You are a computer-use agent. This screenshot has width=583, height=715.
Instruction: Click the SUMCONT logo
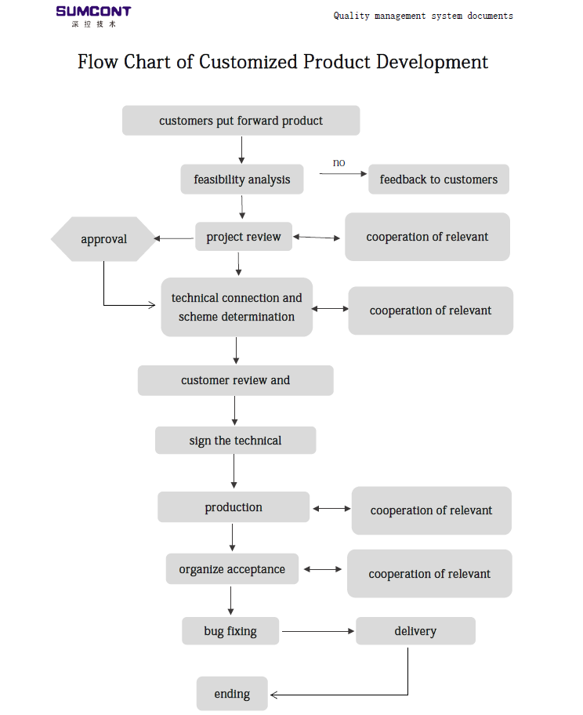pos(93,16)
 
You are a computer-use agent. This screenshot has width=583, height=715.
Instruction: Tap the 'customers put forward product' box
pos(241,121)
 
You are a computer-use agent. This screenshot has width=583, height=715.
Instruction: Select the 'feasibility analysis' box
pos(242,180)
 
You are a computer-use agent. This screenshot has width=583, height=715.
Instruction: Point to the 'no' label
pos(339,163)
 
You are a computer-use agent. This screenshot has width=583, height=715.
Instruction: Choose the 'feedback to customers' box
pos(439,180)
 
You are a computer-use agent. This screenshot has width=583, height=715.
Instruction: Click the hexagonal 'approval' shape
pos(103,239)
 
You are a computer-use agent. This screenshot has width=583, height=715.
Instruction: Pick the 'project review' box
pos(244,237)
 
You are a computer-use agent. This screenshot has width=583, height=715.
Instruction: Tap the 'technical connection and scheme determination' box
pos(237,307)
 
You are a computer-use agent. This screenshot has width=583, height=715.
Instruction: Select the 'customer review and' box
pos(236,380)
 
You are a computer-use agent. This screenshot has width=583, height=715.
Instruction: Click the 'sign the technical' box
pos(235,441)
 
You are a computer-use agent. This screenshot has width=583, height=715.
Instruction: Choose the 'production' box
pos(234,507)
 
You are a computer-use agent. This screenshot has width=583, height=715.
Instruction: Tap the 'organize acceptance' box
pos(232,569)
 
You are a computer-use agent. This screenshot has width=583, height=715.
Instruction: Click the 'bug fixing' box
pos(230,631)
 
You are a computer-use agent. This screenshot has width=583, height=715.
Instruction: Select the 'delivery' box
pos(415,631)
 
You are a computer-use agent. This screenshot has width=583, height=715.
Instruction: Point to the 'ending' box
pos(232,694)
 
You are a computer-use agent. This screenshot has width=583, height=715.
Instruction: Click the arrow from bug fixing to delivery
pos(318,631)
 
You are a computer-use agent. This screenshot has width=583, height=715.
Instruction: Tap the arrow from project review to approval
pos(174,238)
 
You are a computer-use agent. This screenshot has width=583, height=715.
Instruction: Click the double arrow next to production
pos(331,509)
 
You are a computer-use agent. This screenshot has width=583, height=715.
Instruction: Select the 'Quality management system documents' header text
pos(423,16)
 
